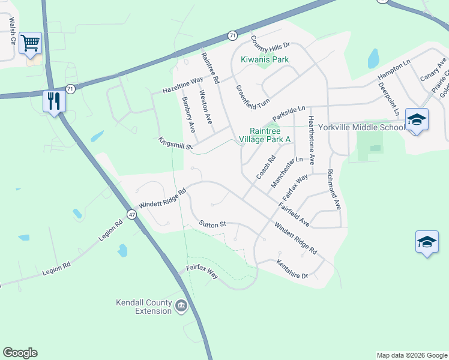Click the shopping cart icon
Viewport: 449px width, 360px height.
click(x=30, y=43)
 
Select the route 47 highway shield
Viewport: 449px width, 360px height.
click(x=131, y=214)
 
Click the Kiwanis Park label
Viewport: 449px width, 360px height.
click(x=265, y=59)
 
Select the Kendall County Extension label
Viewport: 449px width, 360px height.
click(x=144, y=307)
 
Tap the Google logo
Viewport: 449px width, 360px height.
click(x=20, y=353)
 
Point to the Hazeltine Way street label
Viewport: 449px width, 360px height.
click(x=182, y=86)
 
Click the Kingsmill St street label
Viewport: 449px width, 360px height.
click(x=175, y=143)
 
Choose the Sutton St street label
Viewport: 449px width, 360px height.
click(x=212, y=224)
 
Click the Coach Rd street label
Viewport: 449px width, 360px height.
click(x=265, y=167)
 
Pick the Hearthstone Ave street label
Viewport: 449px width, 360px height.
click(x=311, y=140)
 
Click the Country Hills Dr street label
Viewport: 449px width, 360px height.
click(x=270, y=41)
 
